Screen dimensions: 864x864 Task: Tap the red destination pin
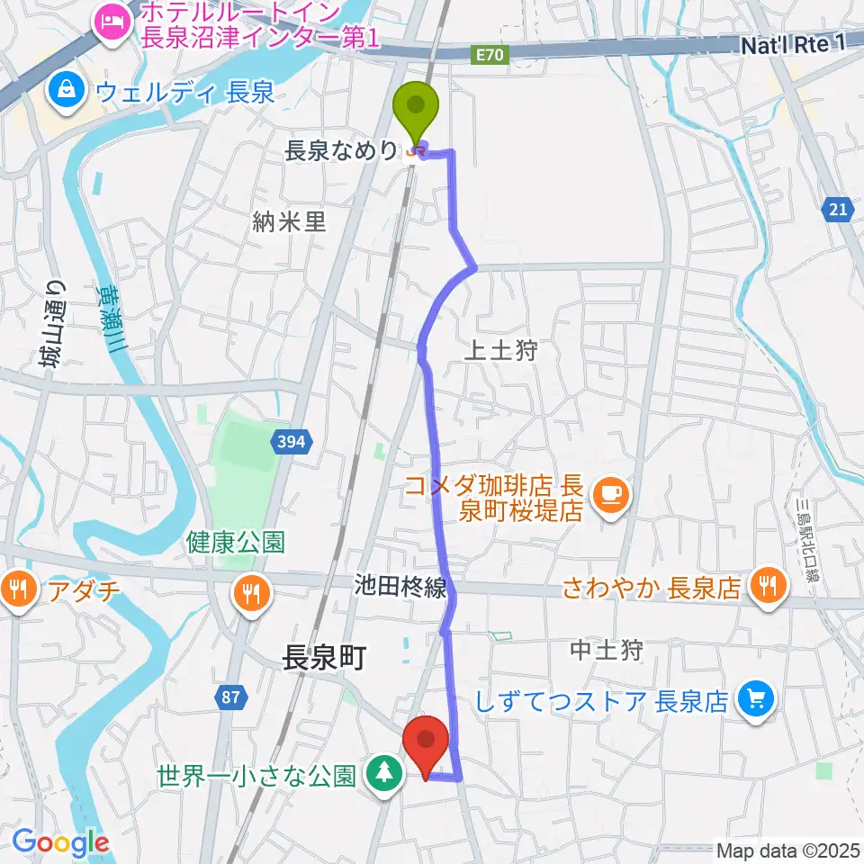click(427, 742)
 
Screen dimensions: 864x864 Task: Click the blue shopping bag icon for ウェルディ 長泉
click(67, 89)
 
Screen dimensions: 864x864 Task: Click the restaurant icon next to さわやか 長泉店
click(768, 587)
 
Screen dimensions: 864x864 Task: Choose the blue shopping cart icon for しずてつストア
click(754, 698)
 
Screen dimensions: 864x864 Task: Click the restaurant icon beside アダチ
click(19, 591)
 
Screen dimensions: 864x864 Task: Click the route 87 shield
click(230, 696)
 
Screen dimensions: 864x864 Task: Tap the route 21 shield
click(838, 210)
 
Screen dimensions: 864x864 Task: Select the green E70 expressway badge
click(492, 56)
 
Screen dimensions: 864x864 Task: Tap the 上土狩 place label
click(500, 351)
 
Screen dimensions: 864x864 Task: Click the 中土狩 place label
click(607, 650)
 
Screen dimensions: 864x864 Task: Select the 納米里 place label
click(289, 222)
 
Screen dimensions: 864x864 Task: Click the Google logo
click(59, 842)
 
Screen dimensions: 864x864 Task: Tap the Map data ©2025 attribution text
click(788, 849)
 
